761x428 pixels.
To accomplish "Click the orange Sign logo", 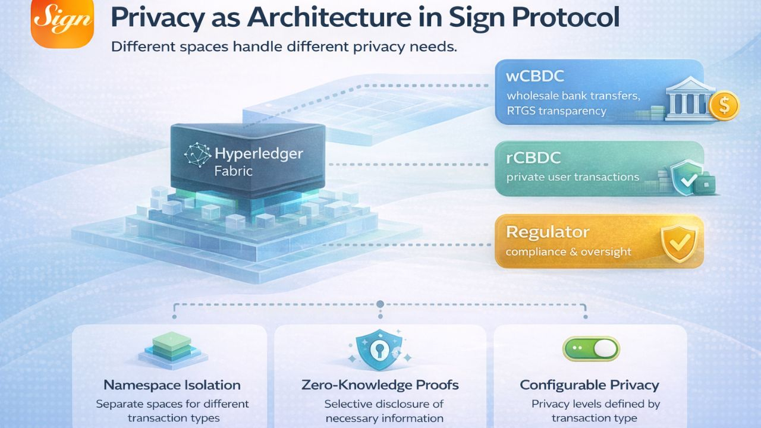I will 62,23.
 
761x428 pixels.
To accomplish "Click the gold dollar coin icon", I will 724,106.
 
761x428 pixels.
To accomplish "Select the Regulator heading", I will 548,232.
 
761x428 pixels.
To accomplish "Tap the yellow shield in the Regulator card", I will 677,244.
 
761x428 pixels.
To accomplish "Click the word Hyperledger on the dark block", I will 259,154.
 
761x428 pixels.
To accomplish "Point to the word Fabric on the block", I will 233,171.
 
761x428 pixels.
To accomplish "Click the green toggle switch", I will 590,349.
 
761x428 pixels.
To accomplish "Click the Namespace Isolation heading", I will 172,385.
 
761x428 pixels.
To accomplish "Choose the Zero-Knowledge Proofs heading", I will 380,385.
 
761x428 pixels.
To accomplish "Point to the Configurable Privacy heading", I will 590,385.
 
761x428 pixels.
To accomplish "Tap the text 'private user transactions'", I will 573,177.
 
